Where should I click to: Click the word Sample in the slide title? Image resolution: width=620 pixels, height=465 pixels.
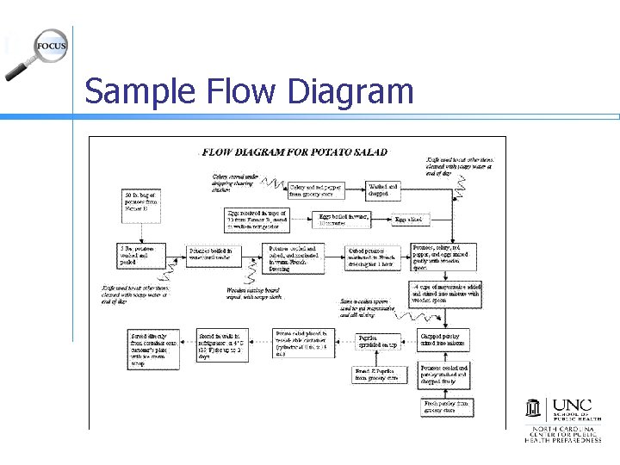point(132,90)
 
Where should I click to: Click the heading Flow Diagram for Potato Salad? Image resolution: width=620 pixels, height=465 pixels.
point(295,152)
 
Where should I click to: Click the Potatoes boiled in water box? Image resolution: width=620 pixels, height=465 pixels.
point(210,255)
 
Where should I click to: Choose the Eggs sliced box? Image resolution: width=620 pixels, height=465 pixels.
point(408,220)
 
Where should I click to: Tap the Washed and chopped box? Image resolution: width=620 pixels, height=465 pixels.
point(382,190)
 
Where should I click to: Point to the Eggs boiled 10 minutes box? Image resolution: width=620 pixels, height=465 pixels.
point(344,220)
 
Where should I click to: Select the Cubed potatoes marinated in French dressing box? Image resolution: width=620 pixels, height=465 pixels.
point(372,257)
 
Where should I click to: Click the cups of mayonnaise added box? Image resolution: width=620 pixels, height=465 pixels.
point(445,294)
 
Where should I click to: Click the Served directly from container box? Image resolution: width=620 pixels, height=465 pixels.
point(152,350)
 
